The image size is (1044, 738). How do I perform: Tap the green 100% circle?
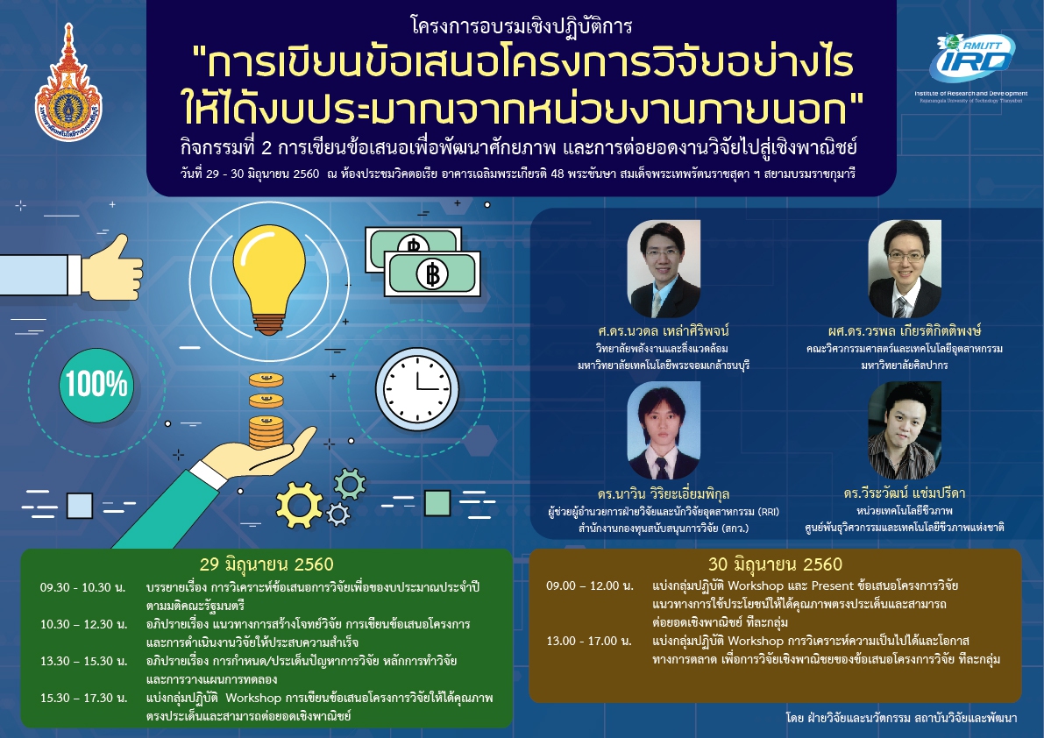pyautogui.click(x=96, y=385)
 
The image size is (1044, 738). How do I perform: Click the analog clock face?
pyautogui.click(x=416, y=389)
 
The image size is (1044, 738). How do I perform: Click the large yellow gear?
pyautogui.click(x=299, y=505)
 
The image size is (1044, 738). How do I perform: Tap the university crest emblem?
pyautogui.click(x=68, y=84)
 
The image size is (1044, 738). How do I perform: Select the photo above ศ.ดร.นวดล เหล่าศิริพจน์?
pyautogui.click(x=664, y=269)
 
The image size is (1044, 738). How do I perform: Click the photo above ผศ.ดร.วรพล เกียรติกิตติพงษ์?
pyautogui.click(x=905, y=269)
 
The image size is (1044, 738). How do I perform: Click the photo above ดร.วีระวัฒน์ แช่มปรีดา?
pyautogui.click(x=905, y=429)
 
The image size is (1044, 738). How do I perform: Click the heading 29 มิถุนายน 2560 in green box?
pyautogui.click(x=266, y=564)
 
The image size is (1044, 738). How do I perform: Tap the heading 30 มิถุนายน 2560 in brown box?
pyautogui.click(x=775, y=564)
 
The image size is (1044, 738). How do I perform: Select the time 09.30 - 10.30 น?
pyautogui.click(x=82, y=587)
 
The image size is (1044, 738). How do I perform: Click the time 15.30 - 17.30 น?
pyautogui.click(x=83, y=698)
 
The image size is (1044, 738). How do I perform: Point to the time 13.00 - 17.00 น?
pyautogui.click(x=589, y=641)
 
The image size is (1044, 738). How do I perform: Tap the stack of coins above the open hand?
pyautogui.click(x=266, y=411)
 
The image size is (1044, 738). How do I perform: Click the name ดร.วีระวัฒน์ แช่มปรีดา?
pyautogui.click(x=904, y=493)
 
